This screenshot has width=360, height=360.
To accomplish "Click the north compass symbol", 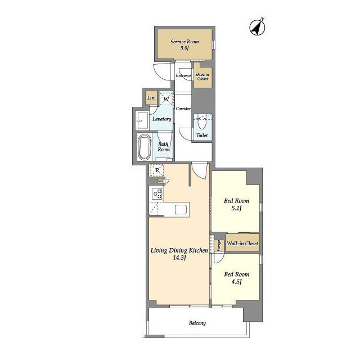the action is pyautogui.click(x=257, y=28).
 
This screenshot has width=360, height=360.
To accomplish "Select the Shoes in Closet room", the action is pyautogui.click(x=202, y=75).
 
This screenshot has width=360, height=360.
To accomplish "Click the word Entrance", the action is pyautogui.click(x=183, y=75).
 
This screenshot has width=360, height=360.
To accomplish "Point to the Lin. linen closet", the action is pyautogui.click(x=151, y=98).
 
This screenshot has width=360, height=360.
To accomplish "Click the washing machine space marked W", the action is pyautogui.click(x=166, y=98).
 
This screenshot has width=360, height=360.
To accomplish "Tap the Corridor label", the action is pyautogui.click(x=183, y=109).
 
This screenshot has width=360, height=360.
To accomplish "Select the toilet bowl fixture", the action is pyautogui.click(x=202, y=123).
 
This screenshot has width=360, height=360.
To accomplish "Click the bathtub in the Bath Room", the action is pyautogui.click(x=145, y=147).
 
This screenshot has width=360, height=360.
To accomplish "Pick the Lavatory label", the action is pyautogui.click(x=162, y=119).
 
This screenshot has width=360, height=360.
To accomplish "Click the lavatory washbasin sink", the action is pyautogui.click(x=142, y=120).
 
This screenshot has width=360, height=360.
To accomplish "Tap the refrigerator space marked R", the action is pyautogui.click(x=157, y=170).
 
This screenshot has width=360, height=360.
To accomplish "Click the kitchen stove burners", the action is pyautogui.click(x=157, y=193).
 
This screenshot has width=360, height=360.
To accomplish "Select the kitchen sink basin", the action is pyautogui.click(x=181, y=209).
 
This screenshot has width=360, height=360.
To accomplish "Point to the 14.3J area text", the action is pyautogui.click(x=179, y=258).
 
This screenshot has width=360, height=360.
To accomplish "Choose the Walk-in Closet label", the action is pyautogui.click(x=242, y=244).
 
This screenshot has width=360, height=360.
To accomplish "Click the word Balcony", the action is pyautogui.click(x=197, y=323).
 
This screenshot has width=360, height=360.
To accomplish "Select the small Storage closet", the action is pyautogui.click(x=219, y=246).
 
